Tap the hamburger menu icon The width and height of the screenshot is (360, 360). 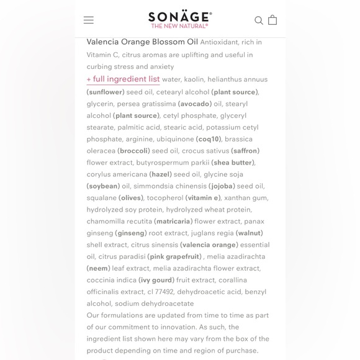click(89, 20)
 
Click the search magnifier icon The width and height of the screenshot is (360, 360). click(259, 20)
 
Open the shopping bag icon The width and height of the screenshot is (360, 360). click(272, 20)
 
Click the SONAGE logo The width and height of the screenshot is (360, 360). click(180, 16)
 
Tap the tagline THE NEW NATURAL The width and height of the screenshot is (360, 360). click(180, 26)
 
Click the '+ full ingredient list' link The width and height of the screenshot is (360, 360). click(123, 79)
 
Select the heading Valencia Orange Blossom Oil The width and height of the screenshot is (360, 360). click(142, 42)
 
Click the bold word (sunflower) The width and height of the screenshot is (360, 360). click(106, 92)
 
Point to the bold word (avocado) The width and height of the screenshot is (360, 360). click(195, 104)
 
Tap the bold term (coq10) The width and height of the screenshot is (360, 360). click(209, 139)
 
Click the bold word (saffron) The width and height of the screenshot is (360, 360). click(245, 151)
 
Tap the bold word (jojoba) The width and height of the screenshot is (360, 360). click(222, 186)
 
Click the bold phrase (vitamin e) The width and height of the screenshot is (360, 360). click(203, 198)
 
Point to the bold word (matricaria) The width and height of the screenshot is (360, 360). click(173, 222)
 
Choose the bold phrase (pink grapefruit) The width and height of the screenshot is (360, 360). click(174, 257)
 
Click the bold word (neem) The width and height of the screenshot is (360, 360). click(98, 269)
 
